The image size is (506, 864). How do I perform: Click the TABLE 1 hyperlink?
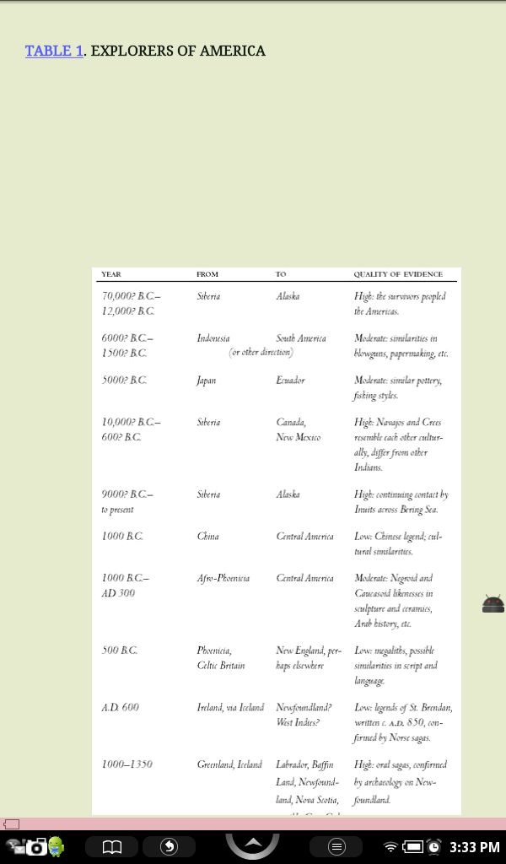[54, 51]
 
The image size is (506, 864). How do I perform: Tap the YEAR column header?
[110, 274]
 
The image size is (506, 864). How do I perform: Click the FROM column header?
[207, 274]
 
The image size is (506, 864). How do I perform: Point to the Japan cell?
[207, 381]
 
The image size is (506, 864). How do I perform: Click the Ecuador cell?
[290, 381]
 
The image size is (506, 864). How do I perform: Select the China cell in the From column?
[207, 537]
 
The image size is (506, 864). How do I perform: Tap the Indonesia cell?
[213, 338]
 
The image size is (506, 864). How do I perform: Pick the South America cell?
[300, 338]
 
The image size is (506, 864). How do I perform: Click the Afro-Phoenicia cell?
[223, 579]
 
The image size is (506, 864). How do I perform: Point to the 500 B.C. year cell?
[119, 651]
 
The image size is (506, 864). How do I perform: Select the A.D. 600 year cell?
[120, 707]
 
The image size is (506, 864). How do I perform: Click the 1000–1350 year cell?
[126, 764]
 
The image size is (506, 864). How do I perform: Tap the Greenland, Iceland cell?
[229, 764]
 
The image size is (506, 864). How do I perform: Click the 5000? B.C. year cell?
[123, 381]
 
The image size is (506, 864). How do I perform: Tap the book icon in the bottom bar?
[112, 846]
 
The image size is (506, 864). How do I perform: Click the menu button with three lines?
[336, 846]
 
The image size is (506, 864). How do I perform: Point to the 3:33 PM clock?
[474, 846]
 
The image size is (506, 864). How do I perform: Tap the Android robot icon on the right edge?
[493, 603]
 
